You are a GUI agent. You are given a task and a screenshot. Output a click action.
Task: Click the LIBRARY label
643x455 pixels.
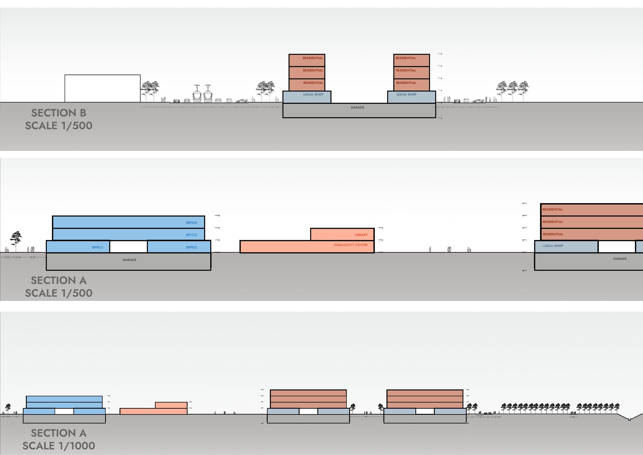coord(361,235)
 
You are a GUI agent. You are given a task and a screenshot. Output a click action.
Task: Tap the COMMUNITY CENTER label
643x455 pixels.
coord(351,245)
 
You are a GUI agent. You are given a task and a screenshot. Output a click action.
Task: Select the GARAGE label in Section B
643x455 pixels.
coord(357,107)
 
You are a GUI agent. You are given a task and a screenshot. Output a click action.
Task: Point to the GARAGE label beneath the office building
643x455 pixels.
coord(129,260)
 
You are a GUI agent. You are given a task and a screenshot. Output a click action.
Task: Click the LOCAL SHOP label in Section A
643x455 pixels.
coord(553,246)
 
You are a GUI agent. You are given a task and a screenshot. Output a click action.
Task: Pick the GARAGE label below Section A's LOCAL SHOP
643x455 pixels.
coord(620,259)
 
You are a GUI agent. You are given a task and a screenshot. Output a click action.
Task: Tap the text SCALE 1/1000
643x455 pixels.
coord(59,445)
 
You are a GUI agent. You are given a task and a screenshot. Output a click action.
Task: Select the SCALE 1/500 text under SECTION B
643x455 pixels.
coord(59,125)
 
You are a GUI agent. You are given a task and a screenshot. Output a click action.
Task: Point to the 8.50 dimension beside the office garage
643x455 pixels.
coord(33,257)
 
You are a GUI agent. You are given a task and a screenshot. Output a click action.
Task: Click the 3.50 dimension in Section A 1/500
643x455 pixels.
coord(7,257)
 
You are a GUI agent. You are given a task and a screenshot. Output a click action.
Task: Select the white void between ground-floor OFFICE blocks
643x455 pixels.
coord(128,247)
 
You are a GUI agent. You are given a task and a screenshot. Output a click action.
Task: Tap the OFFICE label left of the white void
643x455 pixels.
coord(97,247)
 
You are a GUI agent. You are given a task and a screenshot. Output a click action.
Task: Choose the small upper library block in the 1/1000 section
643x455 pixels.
coord(171,405)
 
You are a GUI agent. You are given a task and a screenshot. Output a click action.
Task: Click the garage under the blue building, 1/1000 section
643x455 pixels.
coord(64,419)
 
